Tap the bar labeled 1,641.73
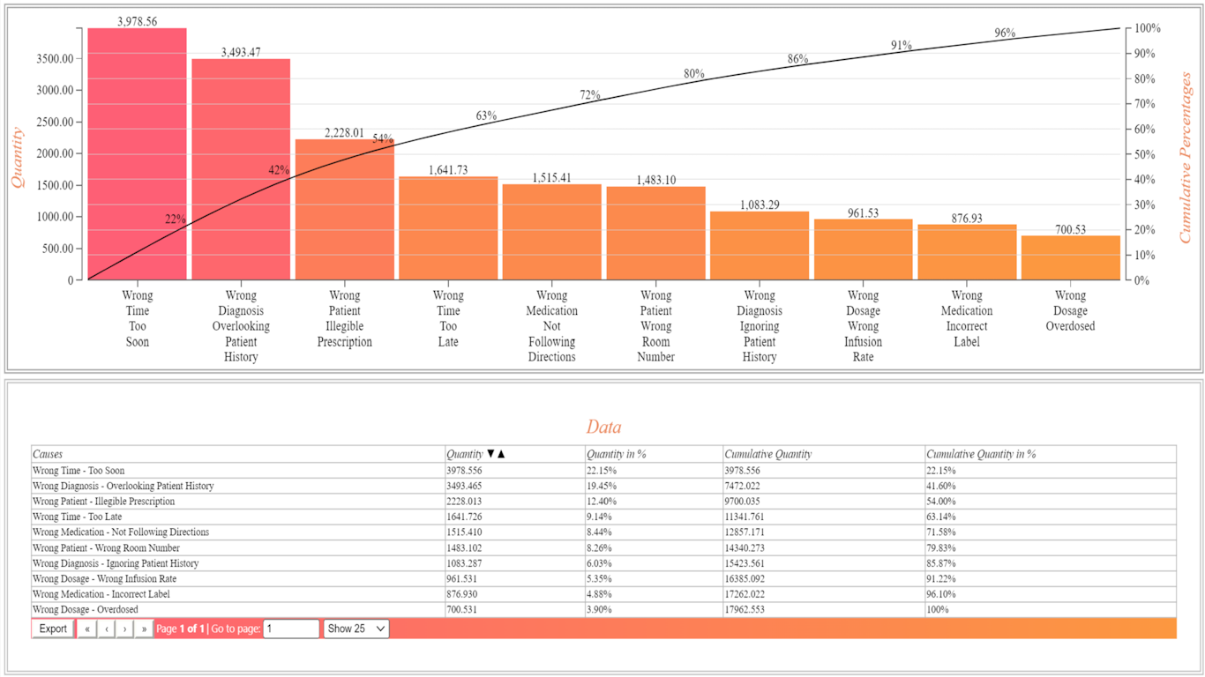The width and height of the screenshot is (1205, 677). [x=448, y=228]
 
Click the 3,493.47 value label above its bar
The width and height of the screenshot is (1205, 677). [x=241, y=52]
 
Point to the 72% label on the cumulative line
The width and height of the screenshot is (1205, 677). [x=590, y=95]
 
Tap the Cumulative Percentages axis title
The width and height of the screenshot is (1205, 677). [x=1186, y=158]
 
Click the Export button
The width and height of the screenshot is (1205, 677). [x=53, y=629]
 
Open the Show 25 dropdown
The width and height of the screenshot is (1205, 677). [x=356, y=629]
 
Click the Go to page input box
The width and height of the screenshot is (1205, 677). [x=291, y=629]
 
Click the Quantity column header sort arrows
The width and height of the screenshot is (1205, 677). [x=496, y=454]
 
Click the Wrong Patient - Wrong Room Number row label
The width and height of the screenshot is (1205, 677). [x=106, y=547]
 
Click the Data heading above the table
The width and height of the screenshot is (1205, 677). [x=603, y=428]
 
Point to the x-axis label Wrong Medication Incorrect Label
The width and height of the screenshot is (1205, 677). [x=967, y=318]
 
